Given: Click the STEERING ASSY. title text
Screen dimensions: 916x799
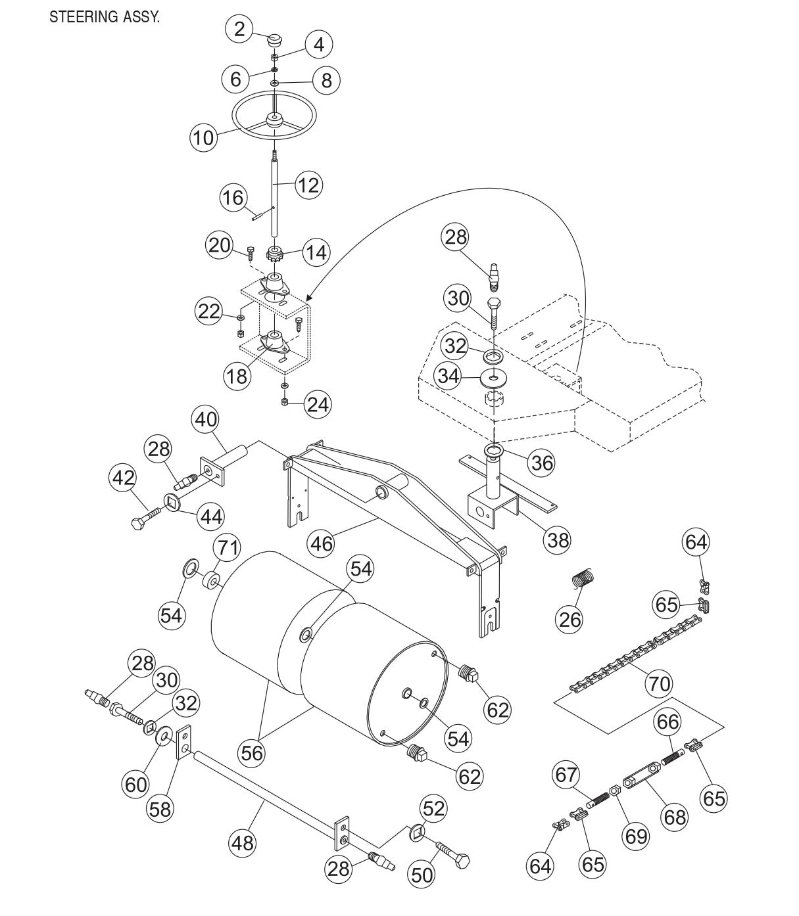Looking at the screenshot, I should pos(104,18).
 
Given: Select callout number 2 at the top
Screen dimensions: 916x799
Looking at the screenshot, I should pos(239,29).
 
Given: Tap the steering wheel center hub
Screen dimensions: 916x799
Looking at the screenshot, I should pos(273,120).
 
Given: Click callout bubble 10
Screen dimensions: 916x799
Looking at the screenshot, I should pos(204,137).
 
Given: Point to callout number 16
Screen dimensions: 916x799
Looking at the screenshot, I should pos(233,198).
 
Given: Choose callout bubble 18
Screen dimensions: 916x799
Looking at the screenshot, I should pos(237,375).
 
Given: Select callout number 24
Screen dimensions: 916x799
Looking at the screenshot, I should pos(318,403).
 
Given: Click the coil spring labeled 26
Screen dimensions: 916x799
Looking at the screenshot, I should pos(583,579).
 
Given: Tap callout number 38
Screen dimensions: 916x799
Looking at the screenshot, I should pos(558,539).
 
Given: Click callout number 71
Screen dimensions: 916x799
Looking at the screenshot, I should pos(227,547).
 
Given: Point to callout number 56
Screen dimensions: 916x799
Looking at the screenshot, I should pos(252,752).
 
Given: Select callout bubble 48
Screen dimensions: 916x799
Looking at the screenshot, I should pos(243,842).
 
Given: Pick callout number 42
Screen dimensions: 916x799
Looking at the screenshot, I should pos(122,478).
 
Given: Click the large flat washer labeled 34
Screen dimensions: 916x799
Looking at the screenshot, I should pos(493,379).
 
